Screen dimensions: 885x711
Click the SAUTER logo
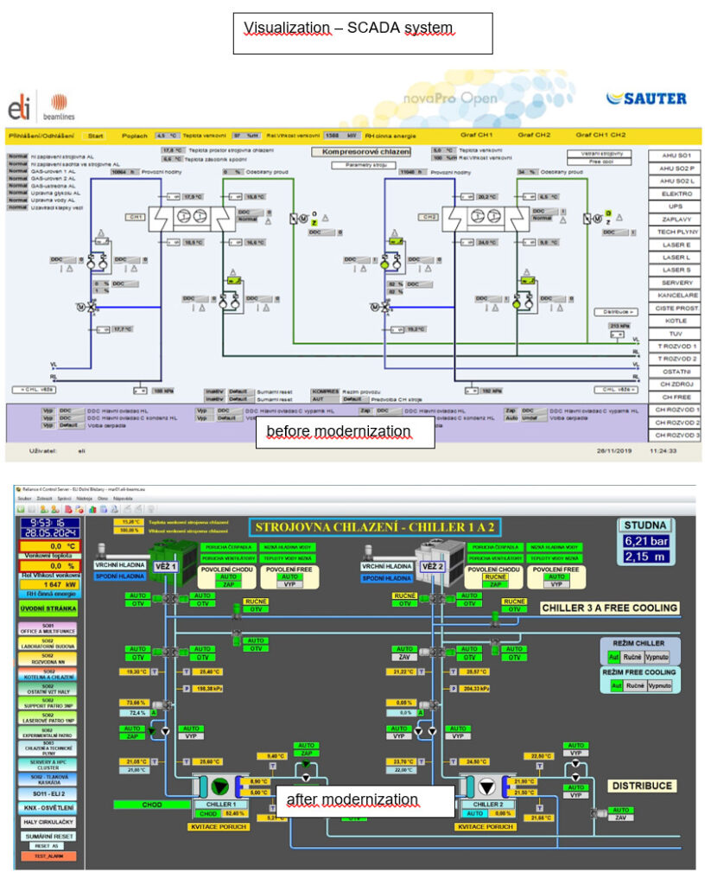coord(646,99)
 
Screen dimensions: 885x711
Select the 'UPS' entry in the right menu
coord(675,207)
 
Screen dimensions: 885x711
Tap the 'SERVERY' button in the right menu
coord(675,283)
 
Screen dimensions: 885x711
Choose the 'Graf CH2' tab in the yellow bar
coord(534,135)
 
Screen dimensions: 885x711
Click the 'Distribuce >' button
coord(614,311)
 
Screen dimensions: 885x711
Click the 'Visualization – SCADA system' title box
coord(362,29)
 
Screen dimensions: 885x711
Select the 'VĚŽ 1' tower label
coord(165,568)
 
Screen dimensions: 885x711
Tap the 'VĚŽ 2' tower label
coord(432,568)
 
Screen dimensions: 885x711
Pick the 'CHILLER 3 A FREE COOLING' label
coord(609,608)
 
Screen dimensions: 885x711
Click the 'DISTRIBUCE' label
coord(639,786)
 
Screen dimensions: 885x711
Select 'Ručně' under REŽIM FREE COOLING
coord(635,684)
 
